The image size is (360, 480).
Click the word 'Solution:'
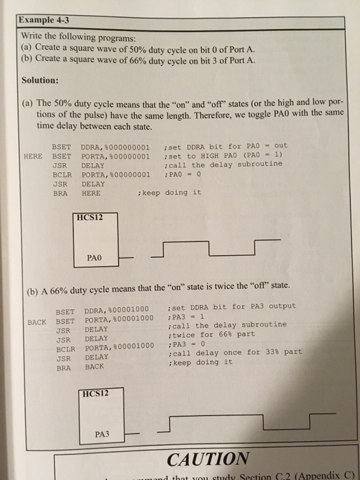[x=41, y=80]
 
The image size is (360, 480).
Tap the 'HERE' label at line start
[x=34, y=156]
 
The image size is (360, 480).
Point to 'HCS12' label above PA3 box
[x=95, y=394]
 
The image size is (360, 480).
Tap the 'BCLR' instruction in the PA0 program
[x=61, y=174]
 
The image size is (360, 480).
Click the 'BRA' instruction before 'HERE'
[x=60, y=194]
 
